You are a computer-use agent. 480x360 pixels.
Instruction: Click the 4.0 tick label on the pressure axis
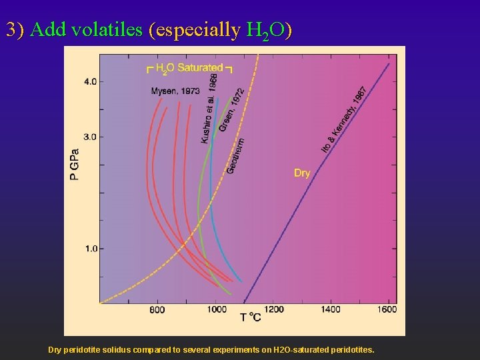[89, 81]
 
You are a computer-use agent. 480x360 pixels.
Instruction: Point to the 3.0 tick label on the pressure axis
[89, 137]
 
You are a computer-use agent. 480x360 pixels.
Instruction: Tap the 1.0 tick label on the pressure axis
[89, 249]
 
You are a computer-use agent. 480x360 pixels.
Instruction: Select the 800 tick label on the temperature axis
[157, 310]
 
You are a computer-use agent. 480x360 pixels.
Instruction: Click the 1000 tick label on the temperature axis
[217, 310]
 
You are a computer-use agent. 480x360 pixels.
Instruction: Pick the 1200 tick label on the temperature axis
[273, 310]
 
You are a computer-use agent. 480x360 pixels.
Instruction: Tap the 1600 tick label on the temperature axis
[386, 310]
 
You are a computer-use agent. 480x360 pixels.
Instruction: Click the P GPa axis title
[75, 164]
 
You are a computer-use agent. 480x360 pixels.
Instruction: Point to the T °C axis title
[251, 318]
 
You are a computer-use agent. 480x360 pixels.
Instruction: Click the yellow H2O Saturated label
[189, 67]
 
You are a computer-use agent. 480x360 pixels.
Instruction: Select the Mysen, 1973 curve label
[175, 91]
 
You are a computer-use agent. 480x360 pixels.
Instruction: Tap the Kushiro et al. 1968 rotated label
[209, 108]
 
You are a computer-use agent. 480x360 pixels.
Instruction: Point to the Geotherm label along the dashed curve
[235, 156]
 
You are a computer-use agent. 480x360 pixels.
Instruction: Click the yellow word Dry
[302, 173]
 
